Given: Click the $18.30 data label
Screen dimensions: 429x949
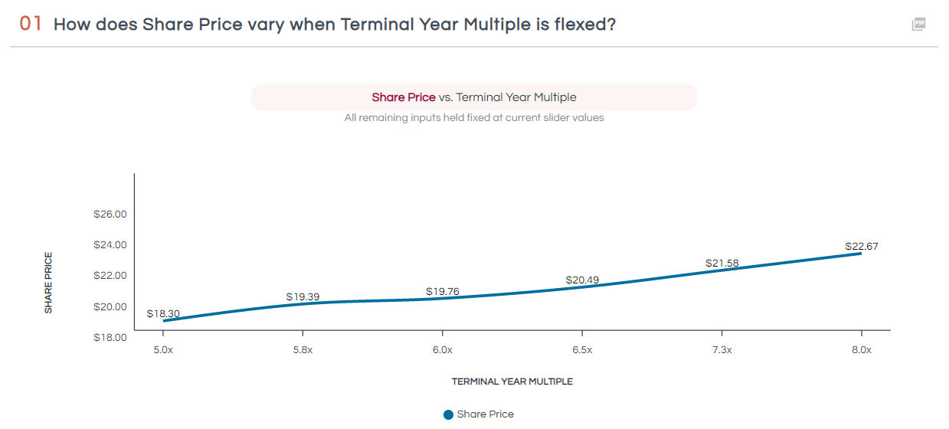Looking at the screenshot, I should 163,314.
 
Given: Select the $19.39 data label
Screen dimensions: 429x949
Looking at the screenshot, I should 303,296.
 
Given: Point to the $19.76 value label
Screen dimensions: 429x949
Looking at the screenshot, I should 443,292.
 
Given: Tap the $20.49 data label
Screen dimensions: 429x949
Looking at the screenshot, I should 582,280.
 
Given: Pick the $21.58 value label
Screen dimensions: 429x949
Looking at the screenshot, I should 722,264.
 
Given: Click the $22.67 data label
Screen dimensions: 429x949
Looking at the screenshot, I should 862,247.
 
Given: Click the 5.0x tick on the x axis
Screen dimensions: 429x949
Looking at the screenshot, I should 163,350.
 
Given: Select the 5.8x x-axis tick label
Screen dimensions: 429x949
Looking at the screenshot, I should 303,350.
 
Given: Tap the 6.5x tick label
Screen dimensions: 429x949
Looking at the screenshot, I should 582,350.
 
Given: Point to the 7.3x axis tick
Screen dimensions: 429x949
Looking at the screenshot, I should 722,350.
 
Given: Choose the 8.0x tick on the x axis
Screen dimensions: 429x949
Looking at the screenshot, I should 862,350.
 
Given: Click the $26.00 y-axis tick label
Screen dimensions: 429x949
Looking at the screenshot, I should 110,215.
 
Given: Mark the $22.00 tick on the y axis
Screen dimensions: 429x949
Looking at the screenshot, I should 110,276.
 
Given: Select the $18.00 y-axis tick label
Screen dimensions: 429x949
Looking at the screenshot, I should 110,337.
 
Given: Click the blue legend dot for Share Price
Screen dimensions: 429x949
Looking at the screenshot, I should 448,414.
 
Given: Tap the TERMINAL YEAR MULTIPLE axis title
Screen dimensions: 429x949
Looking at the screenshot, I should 512,382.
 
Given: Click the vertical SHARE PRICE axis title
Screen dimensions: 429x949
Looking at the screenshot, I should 48,282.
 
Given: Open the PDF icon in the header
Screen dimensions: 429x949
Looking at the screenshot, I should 918,24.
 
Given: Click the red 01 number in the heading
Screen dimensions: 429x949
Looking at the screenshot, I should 31,24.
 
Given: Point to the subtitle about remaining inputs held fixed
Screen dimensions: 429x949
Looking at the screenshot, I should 474,118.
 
